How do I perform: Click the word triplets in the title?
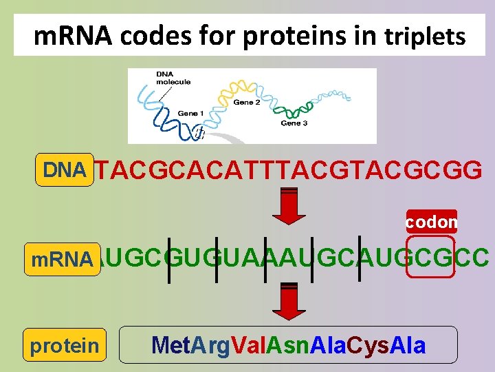click(425, 37)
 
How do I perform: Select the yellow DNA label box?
click(64, 169)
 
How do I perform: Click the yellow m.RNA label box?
click(63, 259)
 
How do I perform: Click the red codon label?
click(432, 222)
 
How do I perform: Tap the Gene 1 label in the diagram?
click(190, 113)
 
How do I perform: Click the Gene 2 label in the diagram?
click(247, 103)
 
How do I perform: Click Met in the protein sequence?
click(168, 344)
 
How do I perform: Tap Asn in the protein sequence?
click(287, 344)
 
